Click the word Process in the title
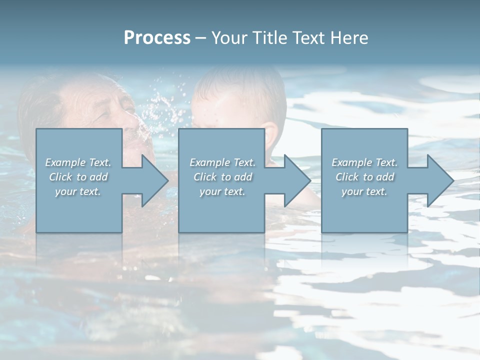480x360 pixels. coord(157,38)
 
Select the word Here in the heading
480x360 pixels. coord(349,38)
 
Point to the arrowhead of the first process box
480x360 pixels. coord(155,180)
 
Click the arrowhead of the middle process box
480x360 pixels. coord(297,180)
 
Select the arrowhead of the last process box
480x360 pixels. coord(440,180)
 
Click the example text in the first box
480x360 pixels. coord(78,176)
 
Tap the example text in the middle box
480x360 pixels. coord(222,176)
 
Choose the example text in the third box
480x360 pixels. coord(364,176)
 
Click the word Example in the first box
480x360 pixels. coord(65,162)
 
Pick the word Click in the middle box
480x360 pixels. coord(204,177)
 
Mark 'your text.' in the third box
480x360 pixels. coord(364,191)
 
